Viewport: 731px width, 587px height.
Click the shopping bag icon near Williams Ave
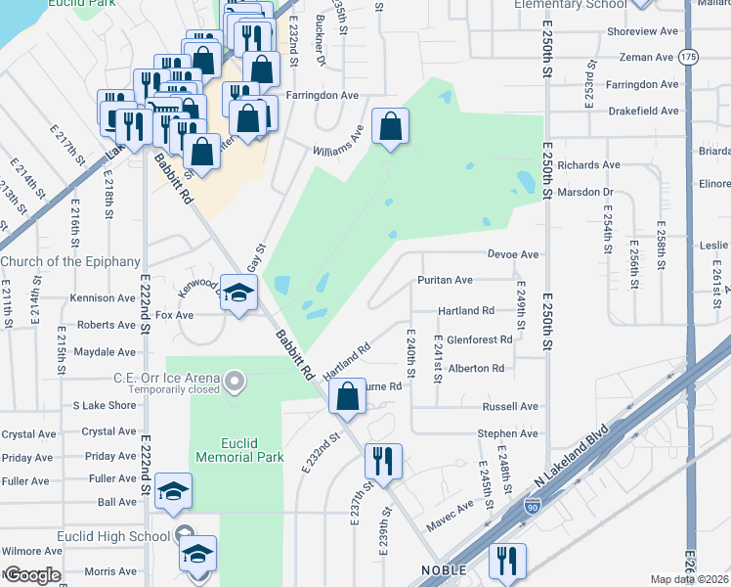coord(390,126)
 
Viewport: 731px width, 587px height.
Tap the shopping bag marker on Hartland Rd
coord(347,396)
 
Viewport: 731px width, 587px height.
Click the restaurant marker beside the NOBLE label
coord(506,562)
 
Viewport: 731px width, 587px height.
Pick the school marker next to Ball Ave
coord(173,492)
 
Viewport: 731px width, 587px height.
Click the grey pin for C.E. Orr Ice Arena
coord(234,379)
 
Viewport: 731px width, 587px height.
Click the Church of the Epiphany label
coord(70,261)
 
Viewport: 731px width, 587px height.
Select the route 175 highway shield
coord(689,58)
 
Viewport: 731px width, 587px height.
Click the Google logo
coord(31,574)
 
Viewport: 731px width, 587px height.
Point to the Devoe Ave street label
coord(513,254)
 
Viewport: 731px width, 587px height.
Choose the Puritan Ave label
coord(445,280)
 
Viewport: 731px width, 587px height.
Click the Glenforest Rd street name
coord(480,339)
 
